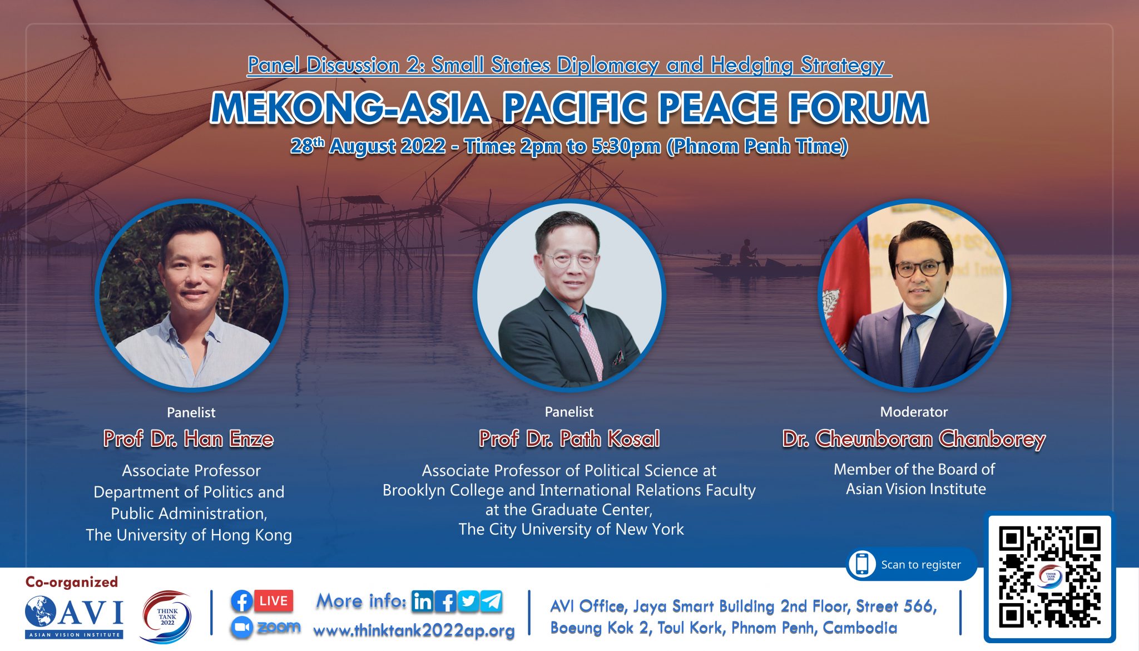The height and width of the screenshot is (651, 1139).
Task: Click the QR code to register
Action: click(1049, 576)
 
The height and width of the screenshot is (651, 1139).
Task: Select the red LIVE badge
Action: click(273, 601)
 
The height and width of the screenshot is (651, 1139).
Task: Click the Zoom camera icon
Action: click(241, 628)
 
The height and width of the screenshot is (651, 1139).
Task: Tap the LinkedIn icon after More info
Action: click(423, 601)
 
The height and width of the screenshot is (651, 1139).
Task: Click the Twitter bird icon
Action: click(469, 601)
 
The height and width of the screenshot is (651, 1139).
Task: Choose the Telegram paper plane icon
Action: click(492, 601)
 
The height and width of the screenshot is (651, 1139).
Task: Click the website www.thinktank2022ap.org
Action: click(414, 631)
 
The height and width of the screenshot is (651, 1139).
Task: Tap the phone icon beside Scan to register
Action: click(862, 564)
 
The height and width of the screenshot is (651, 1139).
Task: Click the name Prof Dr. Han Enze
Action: click(189, 439)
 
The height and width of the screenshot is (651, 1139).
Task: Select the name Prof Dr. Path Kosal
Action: click(569, 439)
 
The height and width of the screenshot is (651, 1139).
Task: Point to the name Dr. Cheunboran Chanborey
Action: click(914, 440)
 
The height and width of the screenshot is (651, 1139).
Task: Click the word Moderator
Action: click(914, 412)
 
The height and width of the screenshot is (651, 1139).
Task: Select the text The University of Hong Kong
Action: click(189, 535)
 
